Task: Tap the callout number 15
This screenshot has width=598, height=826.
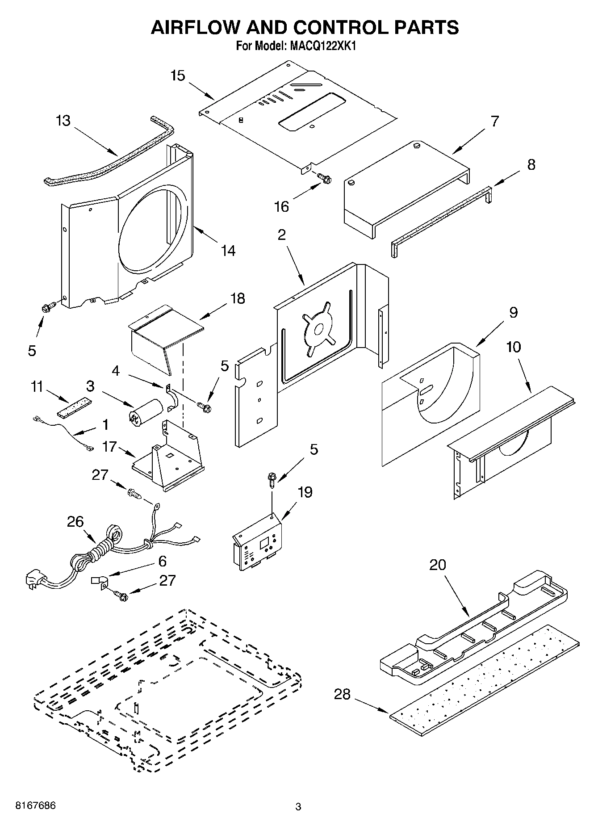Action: (x=178, y=75)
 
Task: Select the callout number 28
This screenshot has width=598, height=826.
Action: (x=343, y=694)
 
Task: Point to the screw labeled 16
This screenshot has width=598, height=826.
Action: (x=325, y=178)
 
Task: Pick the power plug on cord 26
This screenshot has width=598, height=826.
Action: (x=33, y=581)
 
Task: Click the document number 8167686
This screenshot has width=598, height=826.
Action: (x=36, y=806)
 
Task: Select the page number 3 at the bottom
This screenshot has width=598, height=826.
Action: (x=298, y=807)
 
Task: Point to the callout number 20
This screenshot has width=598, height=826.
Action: (x=438, y=565)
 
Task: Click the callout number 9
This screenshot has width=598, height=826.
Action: (x=513, y=312)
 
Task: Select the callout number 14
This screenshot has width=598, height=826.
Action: (x=228, y=251)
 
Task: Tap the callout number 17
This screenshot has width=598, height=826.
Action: (x=109, y=446)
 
